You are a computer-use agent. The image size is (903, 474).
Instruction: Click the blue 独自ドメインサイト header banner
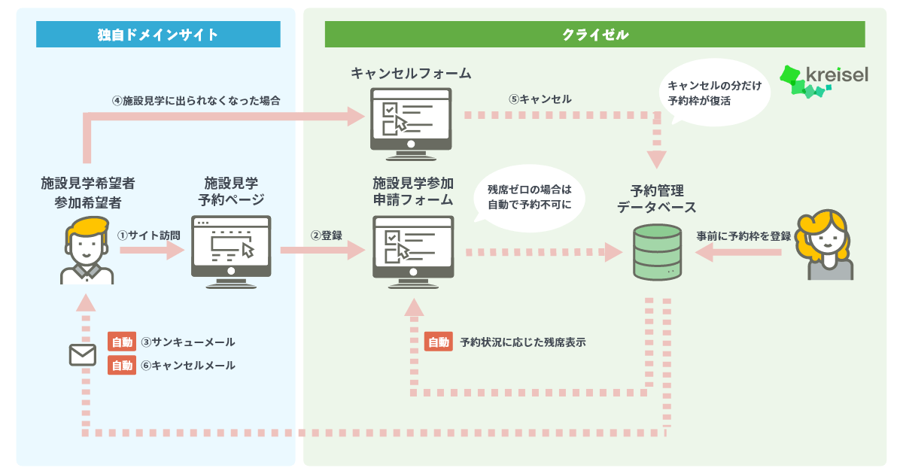pyautogui.click(x=158, y=35)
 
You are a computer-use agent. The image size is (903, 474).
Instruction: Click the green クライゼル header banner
pyautogui.click(x=595, y=35)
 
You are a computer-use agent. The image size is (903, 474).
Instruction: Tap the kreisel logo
pyautogui.click(x=824, y=81)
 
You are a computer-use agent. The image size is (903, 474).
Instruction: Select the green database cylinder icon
pyautogui.click(x=657, y=252)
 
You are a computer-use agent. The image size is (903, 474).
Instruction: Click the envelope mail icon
pyautogui.click(x=83, y=354)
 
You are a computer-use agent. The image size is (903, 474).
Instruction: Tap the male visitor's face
pyautogui.click(x=87, y=246)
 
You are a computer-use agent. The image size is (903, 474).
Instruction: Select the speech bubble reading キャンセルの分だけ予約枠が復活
pyautogui.click(x=714, y=93)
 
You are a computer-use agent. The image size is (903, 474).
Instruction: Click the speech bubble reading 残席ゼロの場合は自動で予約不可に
pyautogui.click(x=529, y=197)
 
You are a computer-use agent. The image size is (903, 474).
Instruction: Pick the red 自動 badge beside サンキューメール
pyautogui.click(x=122, y=342)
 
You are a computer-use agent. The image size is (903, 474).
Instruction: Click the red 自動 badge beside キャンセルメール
pyautogui.click(x=122, y=365)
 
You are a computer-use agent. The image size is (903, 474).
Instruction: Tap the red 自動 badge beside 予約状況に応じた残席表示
pyautogui.click(x=438, y=342)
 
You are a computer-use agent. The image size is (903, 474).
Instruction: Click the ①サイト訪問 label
pyautogui.click(x=149, y=235)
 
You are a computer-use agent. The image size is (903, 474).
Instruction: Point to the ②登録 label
pyautogui.click(x=326, y=235)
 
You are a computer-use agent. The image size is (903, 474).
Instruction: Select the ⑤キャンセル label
pyautogui.click(x=540, y=99)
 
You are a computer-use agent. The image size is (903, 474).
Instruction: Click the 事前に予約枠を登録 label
pyautogui.click(x=743, y=236)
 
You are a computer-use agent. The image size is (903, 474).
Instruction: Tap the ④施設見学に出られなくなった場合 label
pyautogui.click(x=196, y=100)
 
